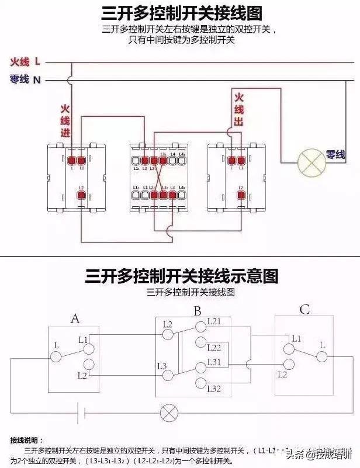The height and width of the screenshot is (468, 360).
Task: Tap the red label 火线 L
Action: [25, 61]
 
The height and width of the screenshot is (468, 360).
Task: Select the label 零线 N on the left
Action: [25, 79]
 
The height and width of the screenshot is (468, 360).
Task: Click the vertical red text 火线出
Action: [238, 109]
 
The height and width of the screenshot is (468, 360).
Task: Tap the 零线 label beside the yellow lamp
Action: [336, 155]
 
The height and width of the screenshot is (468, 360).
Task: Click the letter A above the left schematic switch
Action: [75, 318]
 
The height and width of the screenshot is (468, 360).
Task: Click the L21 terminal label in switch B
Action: [215, 322]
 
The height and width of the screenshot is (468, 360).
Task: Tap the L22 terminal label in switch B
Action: [215, 347]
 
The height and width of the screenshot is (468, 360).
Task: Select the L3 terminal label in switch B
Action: [163, 366]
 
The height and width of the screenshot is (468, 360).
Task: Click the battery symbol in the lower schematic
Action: [82, 414]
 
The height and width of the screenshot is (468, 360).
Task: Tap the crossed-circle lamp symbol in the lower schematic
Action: [168, 414]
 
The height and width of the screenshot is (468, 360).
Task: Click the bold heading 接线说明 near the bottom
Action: [26, 439]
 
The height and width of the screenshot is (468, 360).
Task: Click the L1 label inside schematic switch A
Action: [83, 339]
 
